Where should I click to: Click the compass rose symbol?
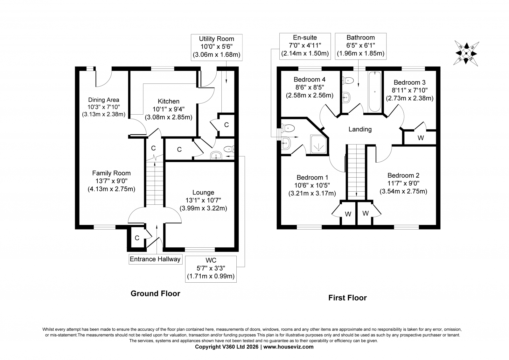(x=466, y=54)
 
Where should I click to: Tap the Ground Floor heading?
(x=156, y=293)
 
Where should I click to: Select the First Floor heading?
(x=347, y=298)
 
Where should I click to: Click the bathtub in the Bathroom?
(x=375, y=92)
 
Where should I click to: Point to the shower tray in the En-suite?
(x=319, y=144)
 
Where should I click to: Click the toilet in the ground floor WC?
(x=229, y=149)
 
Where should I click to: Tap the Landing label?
(x=360, y=130)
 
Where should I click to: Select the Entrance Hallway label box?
(x=156, y=259)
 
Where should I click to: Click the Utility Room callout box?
(x=217, y=47)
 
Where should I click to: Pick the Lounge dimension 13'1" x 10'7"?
(x=203, y=200)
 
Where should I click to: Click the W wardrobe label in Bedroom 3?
(x=421, y=138)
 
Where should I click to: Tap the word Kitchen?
(x=169, y=101)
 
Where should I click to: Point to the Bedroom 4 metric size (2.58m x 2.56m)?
(x=310, y=95)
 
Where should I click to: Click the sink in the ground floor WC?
(x=216, y=155)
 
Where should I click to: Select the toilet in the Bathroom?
(x=348, y=80)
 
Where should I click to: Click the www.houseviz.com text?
(x=288, y=347)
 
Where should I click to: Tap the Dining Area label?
(x=104, y=100)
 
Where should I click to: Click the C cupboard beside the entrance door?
(x=137, y=238)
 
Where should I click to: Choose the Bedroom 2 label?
(x=403, y=175)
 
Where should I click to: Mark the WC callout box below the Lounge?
(x=211, y=269)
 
